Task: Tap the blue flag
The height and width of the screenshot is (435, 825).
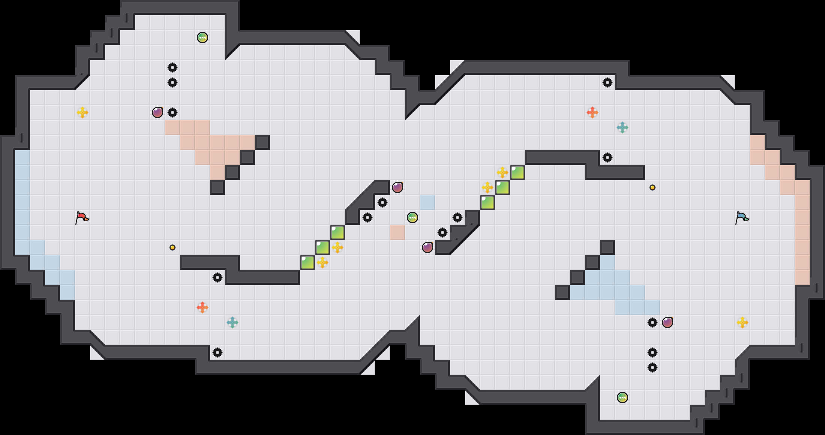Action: (742, 217)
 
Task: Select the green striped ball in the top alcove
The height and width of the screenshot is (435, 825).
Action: (202, 37)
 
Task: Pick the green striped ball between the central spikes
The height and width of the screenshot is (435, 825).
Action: (412, 217)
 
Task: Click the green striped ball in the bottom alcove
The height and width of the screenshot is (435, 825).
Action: (622, 397)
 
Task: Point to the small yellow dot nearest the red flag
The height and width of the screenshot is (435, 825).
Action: (172, 247)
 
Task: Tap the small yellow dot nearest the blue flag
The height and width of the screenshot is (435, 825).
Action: (652, 187)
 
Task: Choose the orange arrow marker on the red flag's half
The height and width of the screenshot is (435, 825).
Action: (202, 307)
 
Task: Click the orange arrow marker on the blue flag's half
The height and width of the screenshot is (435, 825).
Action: (592, 112)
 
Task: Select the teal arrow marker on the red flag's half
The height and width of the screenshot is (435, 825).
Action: (232, 322)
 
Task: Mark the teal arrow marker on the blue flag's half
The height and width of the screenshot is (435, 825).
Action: (622, 127)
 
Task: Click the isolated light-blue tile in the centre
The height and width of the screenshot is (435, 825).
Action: (427, 202)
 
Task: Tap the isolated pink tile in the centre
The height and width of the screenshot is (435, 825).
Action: (397, 232)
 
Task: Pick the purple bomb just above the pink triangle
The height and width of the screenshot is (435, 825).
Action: (157, 112)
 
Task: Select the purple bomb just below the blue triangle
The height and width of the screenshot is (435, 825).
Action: (667, 322)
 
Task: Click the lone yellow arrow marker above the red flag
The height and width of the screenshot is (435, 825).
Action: (82, 112)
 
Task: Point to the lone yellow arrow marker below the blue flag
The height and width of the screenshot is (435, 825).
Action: (742, 322)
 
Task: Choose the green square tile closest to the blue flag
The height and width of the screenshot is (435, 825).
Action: (517, 172)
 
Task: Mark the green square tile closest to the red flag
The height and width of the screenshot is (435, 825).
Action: (307, 262)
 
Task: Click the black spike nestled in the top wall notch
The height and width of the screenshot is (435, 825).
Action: (607, 82)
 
